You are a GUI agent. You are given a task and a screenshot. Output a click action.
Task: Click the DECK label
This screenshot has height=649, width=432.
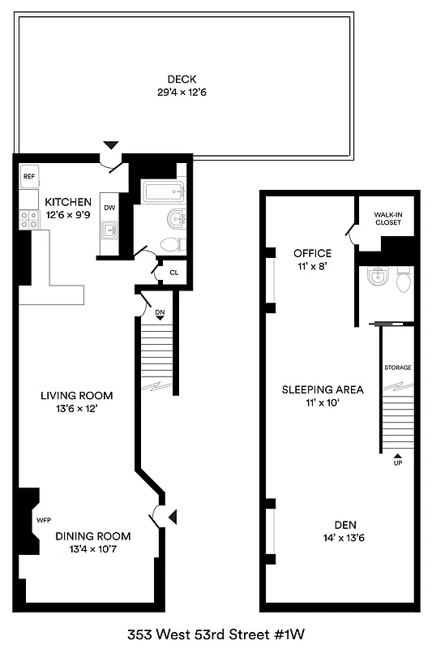pos(182,79)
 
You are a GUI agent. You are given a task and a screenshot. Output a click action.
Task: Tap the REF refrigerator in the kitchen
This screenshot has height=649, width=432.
pos(29,176)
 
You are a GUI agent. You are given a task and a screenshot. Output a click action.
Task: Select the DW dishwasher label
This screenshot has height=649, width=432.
pos(110,208)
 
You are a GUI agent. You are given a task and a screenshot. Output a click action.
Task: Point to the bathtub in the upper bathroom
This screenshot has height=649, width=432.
pos(164,191)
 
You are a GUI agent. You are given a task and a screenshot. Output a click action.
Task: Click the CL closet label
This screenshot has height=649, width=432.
pos(173,272)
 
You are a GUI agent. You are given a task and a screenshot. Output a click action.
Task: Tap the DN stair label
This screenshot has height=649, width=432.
pos(160,311)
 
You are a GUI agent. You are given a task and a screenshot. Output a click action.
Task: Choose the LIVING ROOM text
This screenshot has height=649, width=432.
pos(77,396)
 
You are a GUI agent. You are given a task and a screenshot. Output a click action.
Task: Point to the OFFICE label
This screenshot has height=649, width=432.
pos(312,253)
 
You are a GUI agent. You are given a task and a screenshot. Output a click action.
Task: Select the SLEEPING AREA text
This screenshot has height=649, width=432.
pos(323,389)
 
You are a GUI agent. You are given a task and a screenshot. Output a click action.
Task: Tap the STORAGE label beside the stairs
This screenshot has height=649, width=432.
pos(397,367)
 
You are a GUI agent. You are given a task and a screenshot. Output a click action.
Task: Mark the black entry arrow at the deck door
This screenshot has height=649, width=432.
pos(111,144)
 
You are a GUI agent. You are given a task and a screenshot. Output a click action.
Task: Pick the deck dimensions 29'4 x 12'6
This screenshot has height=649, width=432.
pos(182,92)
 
